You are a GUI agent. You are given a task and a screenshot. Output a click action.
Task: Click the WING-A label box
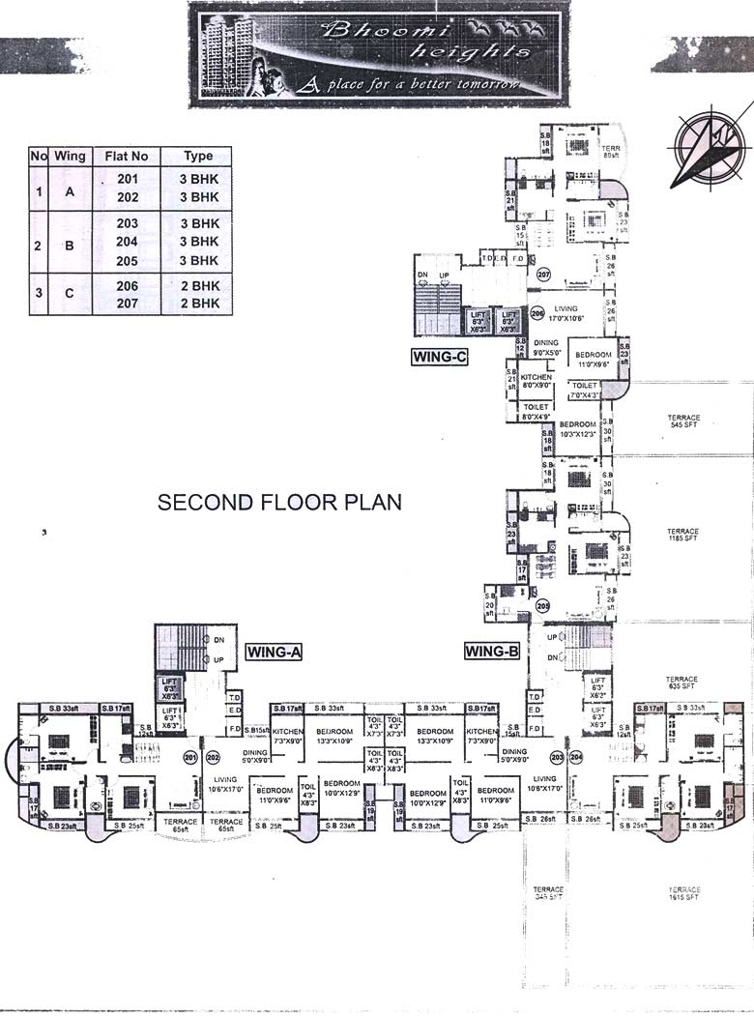[275, 652]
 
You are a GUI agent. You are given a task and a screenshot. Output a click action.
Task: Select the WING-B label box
[493, 651]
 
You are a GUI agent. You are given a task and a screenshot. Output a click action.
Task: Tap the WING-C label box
[440, 357]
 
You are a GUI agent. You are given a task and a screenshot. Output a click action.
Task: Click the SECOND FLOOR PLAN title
[279, 503]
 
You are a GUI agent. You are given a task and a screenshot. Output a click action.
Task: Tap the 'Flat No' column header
[127, 156]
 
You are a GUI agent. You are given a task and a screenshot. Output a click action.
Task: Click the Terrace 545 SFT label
[683, 421]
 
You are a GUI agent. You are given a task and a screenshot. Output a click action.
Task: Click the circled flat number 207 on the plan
[543, 274]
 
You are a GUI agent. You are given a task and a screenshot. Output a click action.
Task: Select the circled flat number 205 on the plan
[542, 607]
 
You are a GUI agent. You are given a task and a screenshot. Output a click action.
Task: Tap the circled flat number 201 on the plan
[190, 757]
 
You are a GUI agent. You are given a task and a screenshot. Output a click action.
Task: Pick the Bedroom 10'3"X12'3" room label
[577, 429]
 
